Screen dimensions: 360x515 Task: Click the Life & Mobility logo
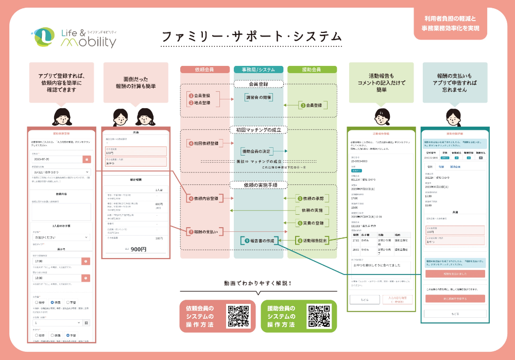point(74,37)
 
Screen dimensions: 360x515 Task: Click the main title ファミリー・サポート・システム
point(251,37)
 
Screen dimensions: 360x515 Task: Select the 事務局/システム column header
point(258,70)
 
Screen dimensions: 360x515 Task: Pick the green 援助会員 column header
point(311,70)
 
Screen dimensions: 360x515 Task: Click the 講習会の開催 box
point(259,97)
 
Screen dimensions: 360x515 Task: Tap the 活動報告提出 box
point(313,241)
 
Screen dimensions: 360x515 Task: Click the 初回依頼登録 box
point(203,143)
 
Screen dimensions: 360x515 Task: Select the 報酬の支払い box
point(203,232)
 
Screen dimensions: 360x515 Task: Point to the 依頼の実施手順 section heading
point(258,185)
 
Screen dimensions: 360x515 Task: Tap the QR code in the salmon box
point(239,316)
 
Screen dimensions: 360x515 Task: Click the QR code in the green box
point(319,316)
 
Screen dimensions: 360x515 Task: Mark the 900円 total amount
point(139,249)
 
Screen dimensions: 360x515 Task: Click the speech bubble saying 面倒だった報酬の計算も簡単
point(136,82)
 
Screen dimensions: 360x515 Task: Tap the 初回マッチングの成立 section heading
point(258,130)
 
